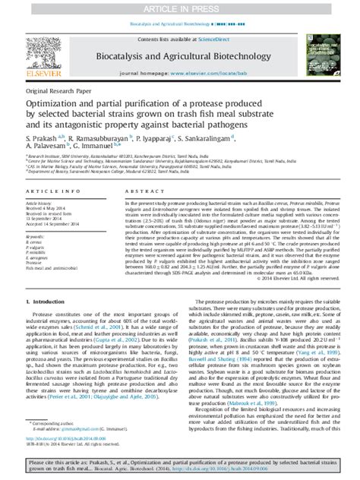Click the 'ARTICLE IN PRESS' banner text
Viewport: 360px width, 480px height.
point(179,6)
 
